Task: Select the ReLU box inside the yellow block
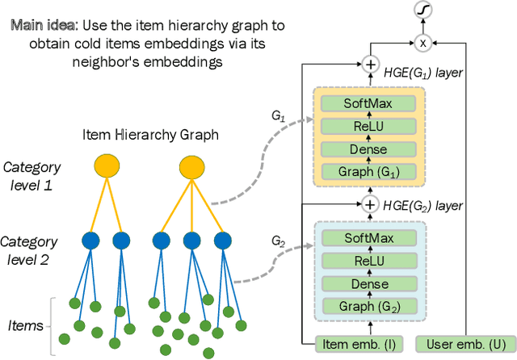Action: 370,127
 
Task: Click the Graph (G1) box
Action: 370,171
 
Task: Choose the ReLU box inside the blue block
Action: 370,262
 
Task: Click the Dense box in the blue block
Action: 370,284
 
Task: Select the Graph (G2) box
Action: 370,307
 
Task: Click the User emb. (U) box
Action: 457,345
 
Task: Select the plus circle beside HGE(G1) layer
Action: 370,64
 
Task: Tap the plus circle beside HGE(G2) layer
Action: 370,203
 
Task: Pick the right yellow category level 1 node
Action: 191,167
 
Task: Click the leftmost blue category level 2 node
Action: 91,241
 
